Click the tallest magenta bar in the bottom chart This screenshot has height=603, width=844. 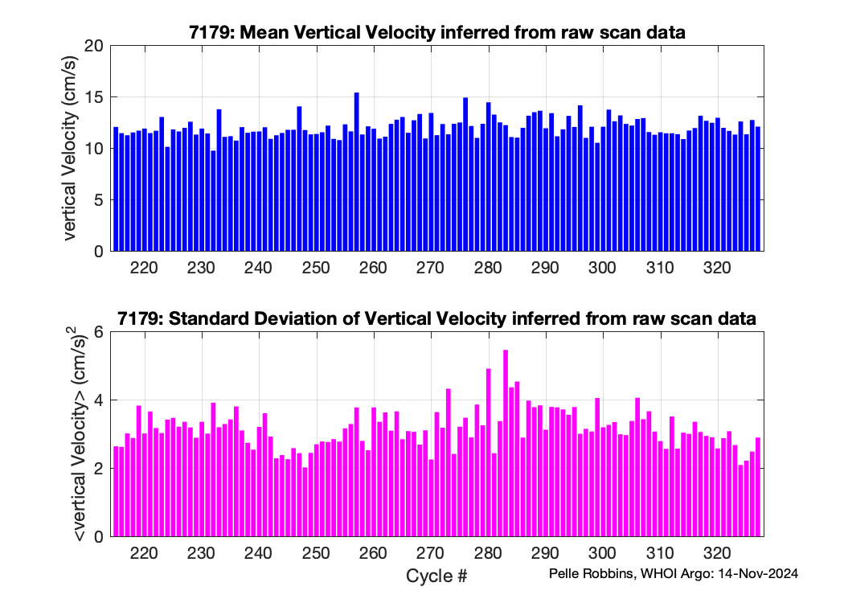[506, 443]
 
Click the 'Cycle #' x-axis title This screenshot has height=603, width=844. [436, 576]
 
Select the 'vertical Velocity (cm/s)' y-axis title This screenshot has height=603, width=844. [71, 149]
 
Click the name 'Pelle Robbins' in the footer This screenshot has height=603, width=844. [588, 573]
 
